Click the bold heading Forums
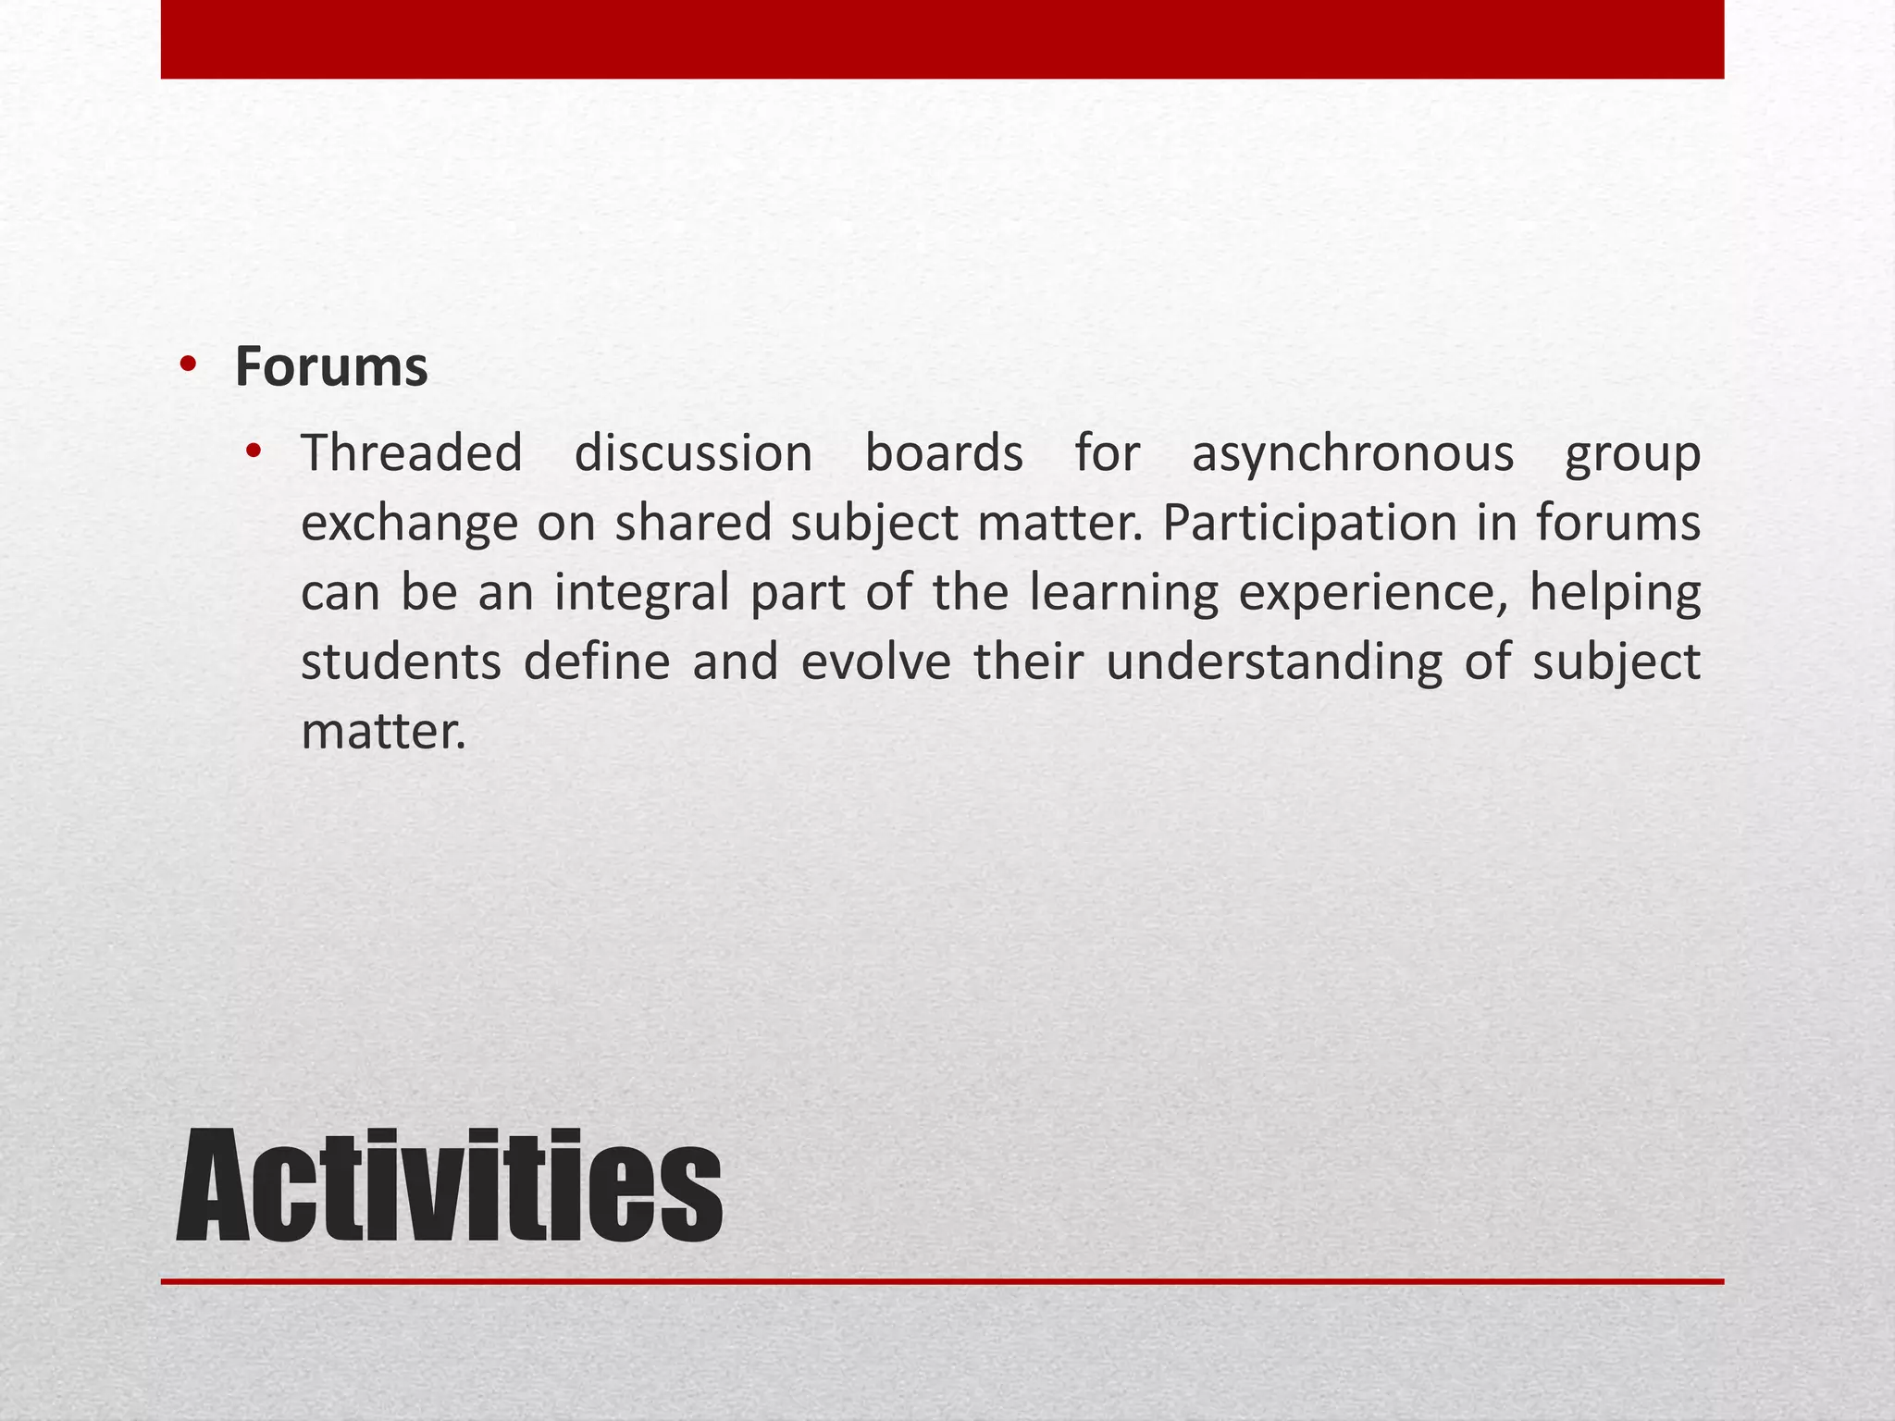click(331, 367)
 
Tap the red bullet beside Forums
click(189, 365)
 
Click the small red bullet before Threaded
click(254, 452)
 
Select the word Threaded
click(412, 453)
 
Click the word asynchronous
click(1352, 455)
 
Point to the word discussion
click(693, 453)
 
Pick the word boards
click(944, 453)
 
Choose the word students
click(401, 662)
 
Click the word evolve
click(875, 662)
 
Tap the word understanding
click(1273, 662)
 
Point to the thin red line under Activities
click(942, 1281)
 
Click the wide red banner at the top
click(942, 39)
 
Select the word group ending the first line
click(1632, 455)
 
